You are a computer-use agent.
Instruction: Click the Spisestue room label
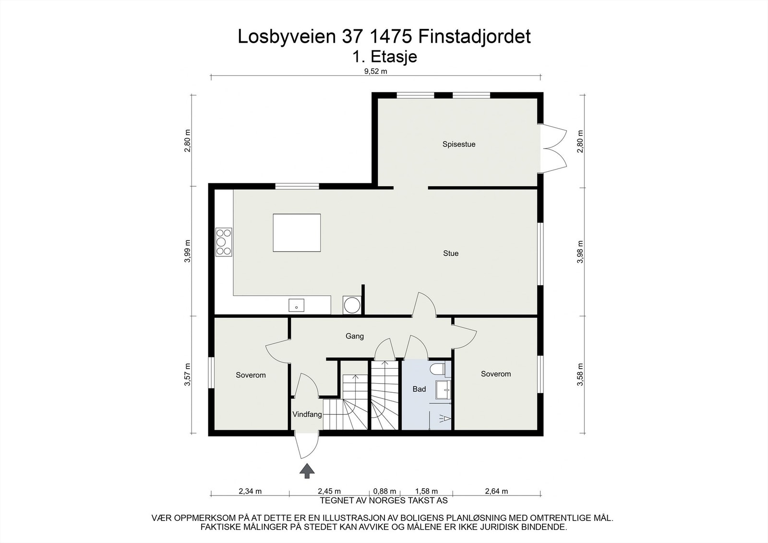tap(459, 144)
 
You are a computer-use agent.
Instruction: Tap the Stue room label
tap(451, 253)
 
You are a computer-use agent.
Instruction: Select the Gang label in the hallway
tap(355, 336)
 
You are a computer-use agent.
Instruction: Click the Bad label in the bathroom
tap(419, 389)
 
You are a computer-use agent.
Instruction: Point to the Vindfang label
tap(307, 414)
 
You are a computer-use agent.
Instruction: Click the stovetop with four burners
tap(224, 241)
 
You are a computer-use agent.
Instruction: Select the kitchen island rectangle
tap(297, 233)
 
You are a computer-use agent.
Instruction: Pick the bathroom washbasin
tap(443, 390)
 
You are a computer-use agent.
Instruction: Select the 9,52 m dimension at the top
tap(375, 71)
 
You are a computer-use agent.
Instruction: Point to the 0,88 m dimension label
tap(384, 491)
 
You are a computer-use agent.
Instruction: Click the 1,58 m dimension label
tap(426, 491)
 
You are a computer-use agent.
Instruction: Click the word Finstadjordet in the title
tap(474, 36)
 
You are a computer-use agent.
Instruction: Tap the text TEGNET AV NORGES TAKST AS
tap(384, 500)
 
